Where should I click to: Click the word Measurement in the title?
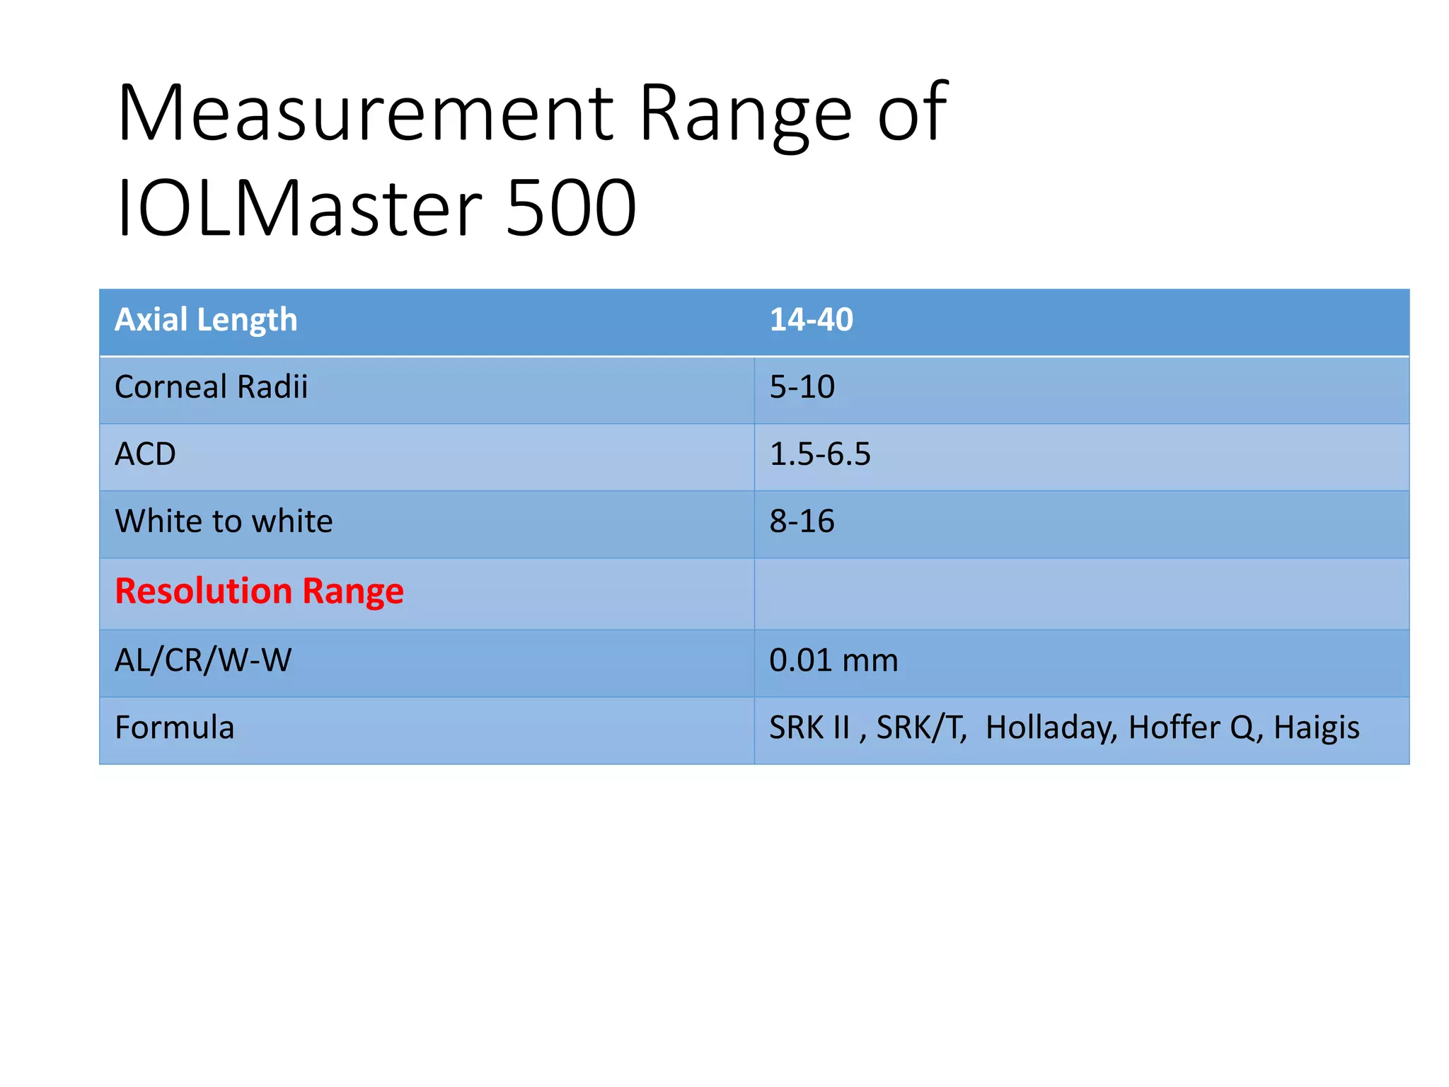pos(365,113)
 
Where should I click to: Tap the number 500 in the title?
pos(572,208)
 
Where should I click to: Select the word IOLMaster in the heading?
pos(299,208)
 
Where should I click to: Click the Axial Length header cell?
pos(206,320)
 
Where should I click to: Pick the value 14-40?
pos(811,320)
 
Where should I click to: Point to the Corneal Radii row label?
pos(211,387)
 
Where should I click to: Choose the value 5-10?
pos(802,387)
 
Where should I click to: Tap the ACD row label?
pos(145,454)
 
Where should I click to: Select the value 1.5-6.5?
pos(819,454)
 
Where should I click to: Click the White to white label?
pos(224,522)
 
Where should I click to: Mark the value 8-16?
pos(802,522)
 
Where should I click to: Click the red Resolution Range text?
pos(259,591)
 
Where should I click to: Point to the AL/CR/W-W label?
pos(203,660)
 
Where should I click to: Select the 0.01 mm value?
pos(833,660)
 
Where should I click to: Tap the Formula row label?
pos(174,727)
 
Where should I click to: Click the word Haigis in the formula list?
pos(1316,727)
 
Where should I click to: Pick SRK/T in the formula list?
pos(921,727)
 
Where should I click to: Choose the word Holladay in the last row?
pos(1051,727)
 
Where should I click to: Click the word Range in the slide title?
pos(745,113)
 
